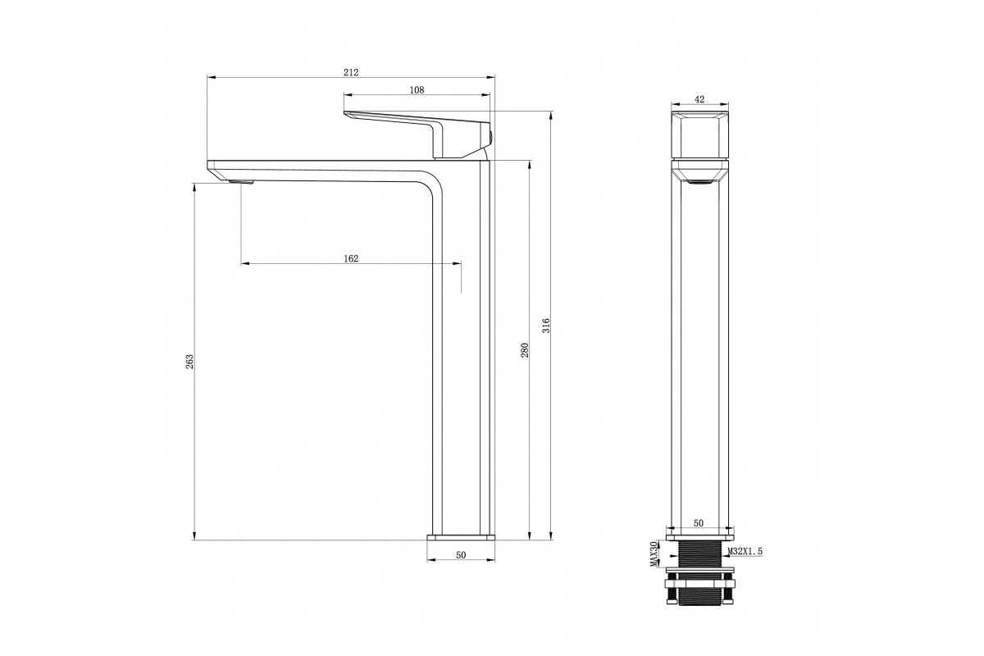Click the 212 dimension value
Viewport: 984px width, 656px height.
coord(351,72)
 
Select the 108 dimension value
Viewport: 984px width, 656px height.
coord(417,90)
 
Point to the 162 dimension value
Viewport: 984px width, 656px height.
coord(351,259)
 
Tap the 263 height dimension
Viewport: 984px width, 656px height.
coord(189,361)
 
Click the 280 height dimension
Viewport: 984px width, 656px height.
coord(525,350)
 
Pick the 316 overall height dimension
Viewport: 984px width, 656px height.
coord(546,326)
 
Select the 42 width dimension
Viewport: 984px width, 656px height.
coord(699,100)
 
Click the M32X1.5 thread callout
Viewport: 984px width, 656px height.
coord(745,551)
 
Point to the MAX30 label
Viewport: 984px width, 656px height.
coord(654,554)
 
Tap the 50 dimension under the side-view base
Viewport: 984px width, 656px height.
coord(461,555)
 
